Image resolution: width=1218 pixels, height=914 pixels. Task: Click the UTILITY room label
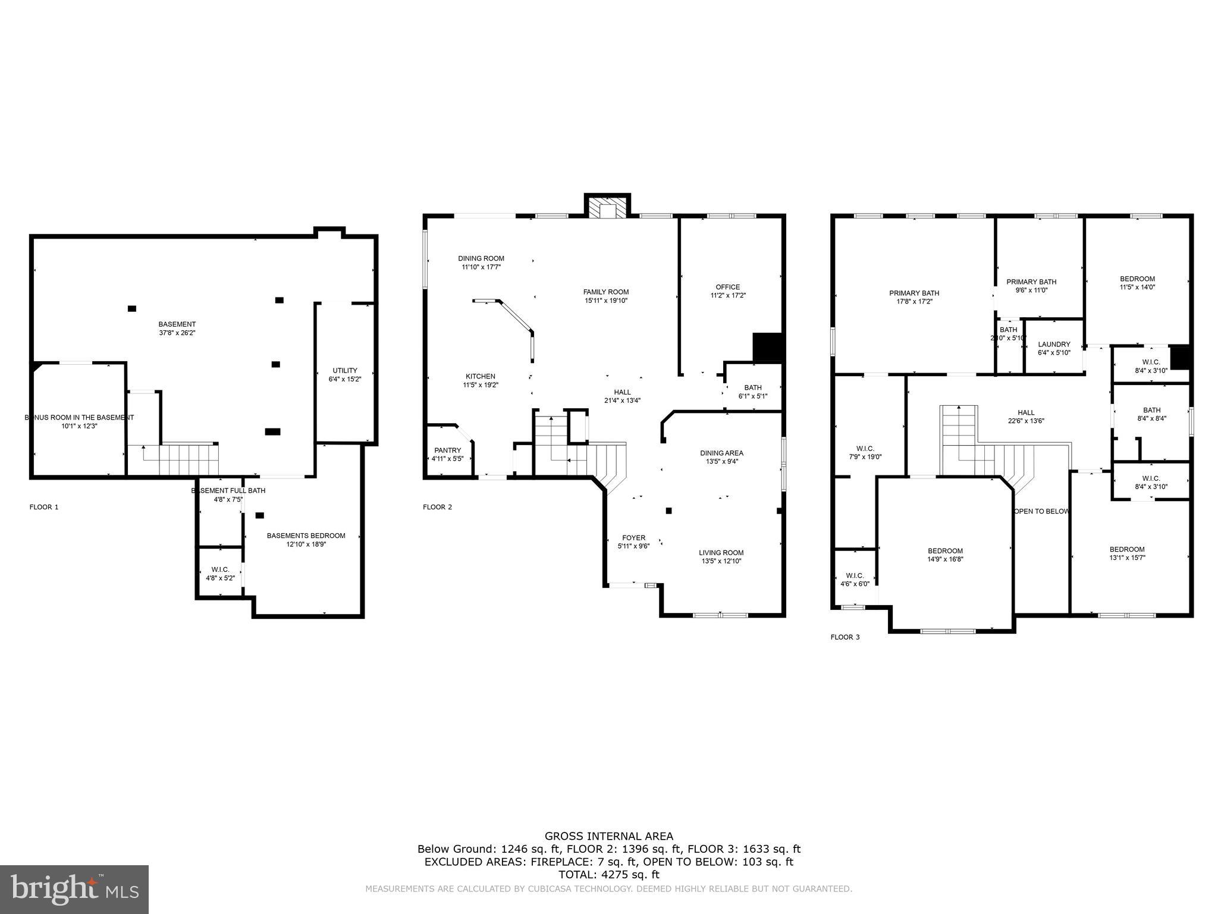344,370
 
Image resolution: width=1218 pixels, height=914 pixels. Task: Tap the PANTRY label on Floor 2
447,450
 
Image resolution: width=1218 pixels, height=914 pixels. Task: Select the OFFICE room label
727,287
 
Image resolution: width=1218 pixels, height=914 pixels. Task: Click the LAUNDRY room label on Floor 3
1054,345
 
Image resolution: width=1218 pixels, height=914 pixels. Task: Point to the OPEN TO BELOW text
1041,511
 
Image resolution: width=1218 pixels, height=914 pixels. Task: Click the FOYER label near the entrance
633,537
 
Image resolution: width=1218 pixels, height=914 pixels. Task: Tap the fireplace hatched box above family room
607,208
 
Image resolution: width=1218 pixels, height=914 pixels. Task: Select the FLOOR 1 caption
44,507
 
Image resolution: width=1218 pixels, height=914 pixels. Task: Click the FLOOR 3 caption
845,637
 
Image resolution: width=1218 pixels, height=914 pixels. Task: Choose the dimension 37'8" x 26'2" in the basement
177,333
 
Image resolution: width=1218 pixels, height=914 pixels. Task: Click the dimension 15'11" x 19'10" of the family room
605,301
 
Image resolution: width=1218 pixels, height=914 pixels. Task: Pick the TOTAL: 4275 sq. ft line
608,875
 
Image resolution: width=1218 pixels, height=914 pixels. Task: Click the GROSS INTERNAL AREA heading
608,837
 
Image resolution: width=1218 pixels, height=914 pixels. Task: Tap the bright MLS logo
74,889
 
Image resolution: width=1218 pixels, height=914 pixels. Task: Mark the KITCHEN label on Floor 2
480,376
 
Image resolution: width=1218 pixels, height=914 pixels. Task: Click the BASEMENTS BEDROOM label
306,536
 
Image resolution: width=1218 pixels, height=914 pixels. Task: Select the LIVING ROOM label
721,552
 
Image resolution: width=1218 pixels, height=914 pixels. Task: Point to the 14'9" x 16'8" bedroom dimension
945,559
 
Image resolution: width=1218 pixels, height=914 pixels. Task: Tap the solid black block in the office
767,347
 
